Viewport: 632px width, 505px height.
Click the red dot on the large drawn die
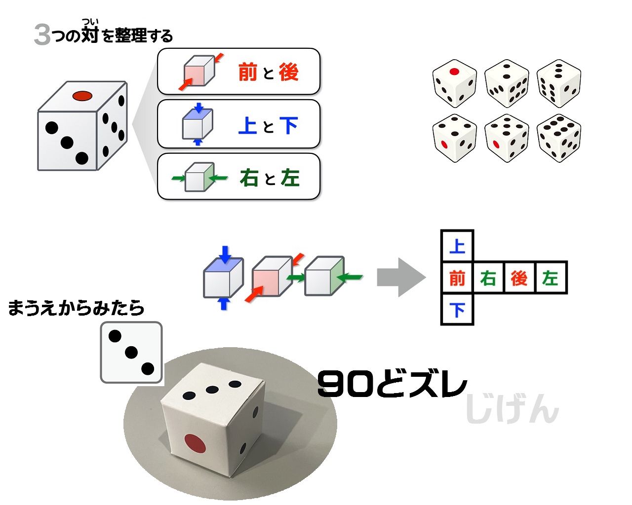tap(82, 96)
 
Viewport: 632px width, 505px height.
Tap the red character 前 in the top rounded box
tap(248, 72)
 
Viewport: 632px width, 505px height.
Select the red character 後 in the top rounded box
tap(289, 72)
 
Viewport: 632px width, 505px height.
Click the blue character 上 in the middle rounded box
tap(247, 125)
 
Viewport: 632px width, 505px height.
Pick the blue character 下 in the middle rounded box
tap(289, 125)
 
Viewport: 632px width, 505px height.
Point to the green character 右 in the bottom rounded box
tap(249, 178)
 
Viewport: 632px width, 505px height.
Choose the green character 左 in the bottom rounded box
tap(290, 178)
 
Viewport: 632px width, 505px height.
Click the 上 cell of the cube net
tap(457, 246)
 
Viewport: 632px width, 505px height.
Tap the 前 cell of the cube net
tap(457, 278)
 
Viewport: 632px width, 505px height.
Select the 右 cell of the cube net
tap(488, 278)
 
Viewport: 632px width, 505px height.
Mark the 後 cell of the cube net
tap(519, 278)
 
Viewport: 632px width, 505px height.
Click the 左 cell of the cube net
tap(551, 278)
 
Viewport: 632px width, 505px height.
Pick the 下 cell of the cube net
tap(457, 309)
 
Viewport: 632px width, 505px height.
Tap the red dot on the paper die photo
tap(196, 443)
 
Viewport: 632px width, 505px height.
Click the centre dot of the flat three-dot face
tap(131, 353)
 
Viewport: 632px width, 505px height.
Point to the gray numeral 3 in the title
tap(42, 35)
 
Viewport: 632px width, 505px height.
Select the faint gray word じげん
tap(512, 409)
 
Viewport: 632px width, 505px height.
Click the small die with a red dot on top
tap(454, 83)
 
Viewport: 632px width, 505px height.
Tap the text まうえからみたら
tap(76, 308)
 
